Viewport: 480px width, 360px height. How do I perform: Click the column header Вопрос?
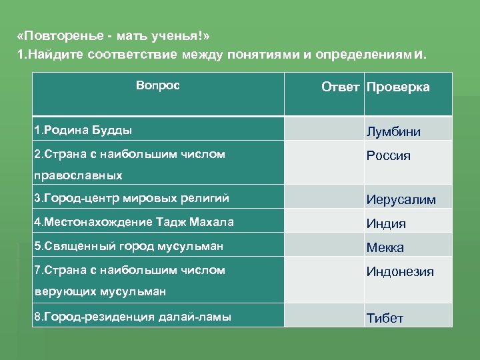tap(157, 86)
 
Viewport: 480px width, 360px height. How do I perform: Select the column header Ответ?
tap(340, 87)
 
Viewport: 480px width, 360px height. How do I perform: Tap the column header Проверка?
tap(398, 87)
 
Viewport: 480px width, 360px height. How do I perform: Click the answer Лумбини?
tap(393, 131)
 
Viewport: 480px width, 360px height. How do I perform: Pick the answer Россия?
tap(388, 156)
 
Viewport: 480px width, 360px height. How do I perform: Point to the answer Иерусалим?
tap(401, 199)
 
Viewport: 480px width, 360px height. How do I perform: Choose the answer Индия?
tap(385, 223)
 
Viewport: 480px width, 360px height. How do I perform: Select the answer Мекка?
tap(385, 247)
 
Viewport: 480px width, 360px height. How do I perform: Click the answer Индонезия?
tap(400, 272)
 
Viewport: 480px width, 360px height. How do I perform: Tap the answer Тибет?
tap(385, 318)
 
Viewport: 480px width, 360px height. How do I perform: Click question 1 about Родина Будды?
tap(83, 129)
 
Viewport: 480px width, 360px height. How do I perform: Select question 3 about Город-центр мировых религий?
tap(131, 197)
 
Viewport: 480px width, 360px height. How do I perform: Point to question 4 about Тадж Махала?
tap(134, 221)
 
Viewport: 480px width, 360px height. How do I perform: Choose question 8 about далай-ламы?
tap(133, 316)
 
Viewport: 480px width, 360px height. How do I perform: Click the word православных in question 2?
tap(79, 175)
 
